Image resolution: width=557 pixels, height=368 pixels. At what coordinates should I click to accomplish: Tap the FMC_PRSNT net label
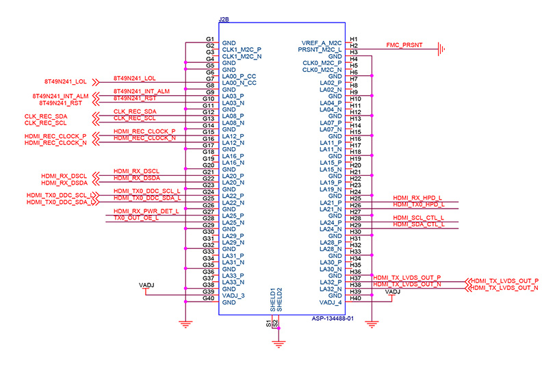click(x=404, y=45)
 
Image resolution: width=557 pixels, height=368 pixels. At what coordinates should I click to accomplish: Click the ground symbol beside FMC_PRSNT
click(x=442, y=49)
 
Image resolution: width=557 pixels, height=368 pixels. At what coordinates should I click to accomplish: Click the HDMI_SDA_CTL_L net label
click(x=418, y=224)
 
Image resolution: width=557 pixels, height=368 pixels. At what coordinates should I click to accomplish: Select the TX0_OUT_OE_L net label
click(x=136, y=218)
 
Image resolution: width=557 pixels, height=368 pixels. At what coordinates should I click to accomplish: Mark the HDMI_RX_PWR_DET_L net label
click(x=146, y=211)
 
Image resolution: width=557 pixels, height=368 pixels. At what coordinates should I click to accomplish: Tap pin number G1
click(x=211, y=40)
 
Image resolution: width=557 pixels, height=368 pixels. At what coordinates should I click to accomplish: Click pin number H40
click(x=354, y=298)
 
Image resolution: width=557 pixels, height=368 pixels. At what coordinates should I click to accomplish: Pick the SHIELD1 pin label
click(x=272, y=300)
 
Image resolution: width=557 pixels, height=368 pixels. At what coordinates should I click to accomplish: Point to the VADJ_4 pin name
click(x=330, y=302)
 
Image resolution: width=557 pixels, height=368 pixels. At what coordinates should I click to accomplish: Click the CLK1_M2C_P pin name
click(x=242, y=50)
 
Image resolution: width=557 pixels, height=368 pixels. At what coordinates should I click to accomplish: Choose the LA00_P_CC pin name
click(x=239, y=76)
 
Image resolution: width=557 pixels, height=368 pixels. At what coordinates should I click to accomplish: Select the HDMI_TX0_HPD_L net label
click(x=418, y=205)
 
